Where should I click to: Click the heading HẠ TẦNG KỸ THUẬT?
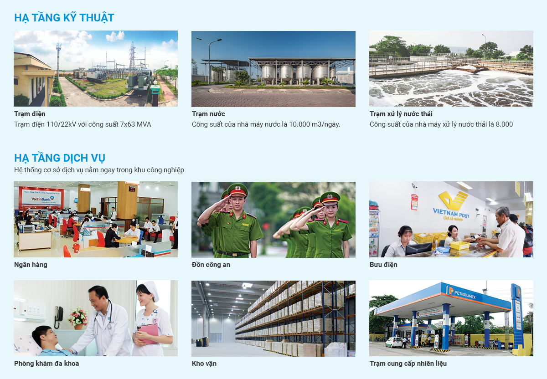pos(64,18)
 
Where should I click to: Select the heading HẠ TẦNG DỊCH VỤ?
pos(60,158)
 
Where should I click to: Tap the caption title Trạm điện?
pos(30,114)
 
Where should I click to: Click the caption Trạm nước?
pos(208,114)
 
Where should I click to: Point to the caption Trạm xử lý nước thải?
pos(401,114)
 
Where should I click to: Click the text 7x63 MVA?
pos(135,124)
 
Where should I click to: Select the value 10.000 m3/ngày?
pos(315,124)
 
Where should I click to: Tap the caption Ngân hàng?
pos(31,265)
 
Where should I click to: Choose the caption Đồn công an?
pos(211,265)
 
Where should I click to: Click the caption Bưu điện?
pos(383,265)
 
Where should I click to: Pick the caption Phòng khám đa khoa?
pos(46,364)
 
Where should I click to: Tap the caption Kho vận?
pos(204,364)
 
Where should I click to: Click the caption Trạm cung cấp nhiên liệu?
pos(408,364)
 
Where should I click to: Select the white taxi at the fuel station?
pos(394,342)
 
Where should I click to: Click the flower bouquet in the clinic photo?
pos(78,317)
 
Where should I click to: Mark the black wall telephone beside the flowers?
pos(59,317)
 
